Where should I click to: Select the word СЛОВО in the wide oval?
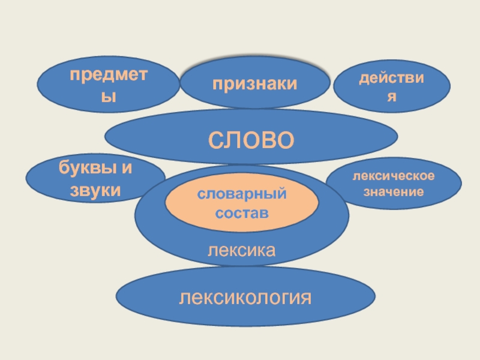point(251,139)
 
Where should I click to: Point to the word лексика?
point(241,248)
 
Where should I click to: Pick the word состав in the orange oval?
point(242,213)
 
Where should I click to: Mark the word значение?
point(394,192)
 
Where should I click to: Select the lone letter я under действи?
point(391,97)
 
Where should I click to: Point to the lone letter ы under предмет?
point(108,96)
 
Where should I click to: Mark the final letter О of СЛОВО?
point(286,140)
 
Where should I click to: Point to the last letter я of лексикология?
point(307,297)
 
